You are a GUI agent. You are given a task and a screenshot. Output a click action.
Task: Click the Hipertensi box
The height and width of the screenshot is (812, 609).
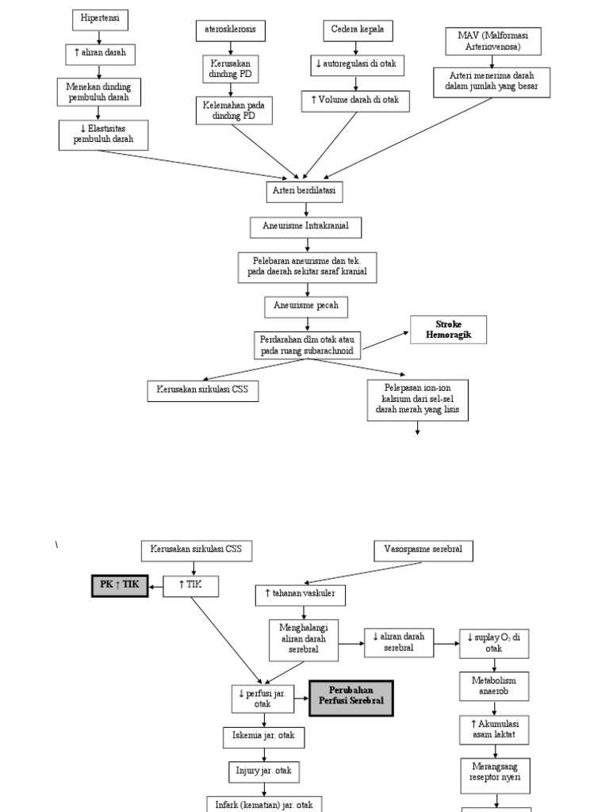point(99,18)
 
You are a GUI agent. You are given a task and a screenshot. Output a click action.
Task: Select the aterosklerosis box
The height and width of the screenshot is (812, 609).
point(230,30)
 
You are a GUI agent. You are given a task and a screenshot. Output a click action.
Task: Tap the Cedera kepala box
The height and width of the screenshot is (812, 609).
point(357,30)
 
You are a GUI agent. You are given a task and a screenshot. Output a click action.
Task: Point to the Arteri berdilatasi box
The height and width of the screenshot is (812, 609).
point(305,191)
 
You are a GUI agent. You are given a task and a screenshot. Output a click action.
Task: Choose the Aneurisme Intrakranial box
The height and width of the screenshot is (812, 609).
point(305,227)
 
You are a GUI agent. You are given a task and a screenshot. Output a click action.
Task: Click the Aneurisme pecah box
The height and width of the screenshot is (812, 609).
point(305,305)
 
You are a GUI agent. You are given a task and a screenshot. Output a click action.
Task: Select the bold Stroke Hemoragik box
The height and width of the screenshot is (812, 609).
point(448,329)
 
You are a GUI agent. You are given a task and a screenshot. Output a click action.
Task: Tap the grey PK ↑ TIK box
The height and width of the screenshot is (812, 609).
point(119,586)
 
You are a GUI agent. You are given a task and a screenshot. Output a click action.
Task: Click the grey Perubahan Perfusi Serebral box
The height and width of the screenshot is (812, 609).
point(351,697)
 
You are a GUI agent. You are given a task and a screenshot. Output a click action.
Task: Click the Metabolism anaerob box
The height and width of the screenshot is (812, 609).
point(494,686)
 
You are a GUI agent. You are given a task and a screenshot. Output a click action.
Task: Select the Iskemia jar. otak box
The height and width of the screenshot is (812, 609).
point(263,736)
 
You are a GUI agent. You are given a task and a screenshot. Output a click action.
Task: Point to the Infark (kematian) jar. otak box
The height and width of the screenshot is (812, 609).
point(264,803)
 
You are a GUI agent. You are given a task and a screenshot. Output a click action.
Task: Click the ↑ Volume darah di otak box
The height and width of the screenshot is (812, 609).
point(356,101)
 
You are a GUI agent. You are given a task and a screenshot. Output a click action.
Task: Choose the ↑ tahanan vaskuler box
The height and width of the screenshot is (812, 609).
point(300,594)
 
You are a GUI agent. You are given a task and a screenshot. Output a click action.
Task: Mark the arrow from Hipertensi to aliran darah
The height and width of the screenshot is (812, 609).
point(99,36)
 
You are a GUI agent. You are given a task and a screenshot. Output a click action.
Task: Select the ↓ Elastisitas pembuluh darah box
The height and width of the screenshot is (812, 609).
point(103,135)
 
